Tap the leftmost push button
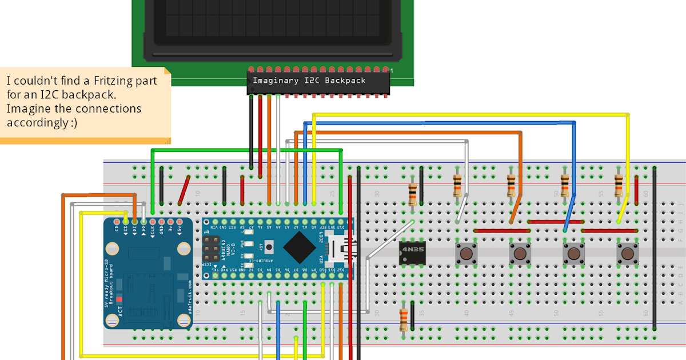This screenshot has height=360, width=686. (466, 253)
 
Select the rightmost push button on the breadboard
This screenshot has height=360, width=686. (627, 253)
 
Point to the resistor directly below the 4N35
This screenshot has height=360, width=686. (404, 319)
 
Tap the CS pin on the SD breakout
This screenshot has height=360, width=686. (125, 222)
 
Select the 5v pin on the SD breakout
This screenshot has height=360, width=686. (179, 222)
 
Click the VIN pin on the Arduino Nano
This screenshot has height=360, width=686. (207, 222)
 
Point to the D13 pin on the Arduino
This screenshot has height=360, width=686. (341, 222)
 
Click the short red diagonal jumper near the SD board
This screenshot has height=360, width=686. (184, 190)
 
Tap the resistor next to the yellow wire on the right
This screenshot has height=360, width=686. (619, 186)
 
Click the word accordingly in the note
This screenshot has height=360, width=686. (35, 122)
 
